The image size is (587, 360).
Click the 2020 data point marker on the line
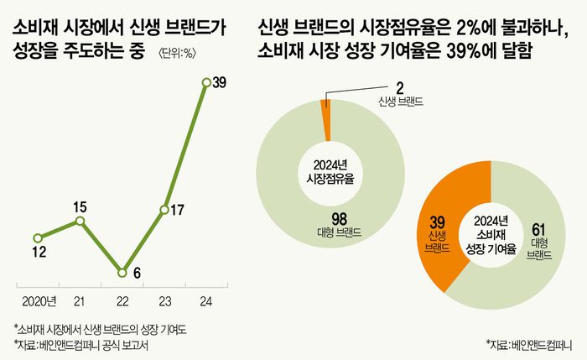(x=37, y=237)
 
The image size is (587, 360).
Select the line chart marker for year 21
(x=80, y=220)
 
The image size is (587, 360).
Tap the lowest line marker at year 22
(x=122, y=272)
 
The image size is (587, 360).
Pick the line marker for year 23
(x=164, y=208)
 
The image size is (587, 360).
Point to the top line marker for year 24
(x=206, y=81)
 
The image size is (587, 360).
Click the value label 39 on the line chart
(x=221, y=82)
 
